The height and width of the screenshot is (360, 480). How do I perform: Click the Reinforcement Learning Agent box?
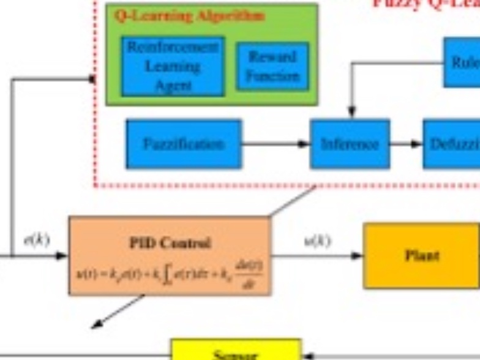(x=173, y=66)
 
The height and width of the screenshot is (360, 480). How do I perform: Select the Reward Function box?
(x=272, y=66)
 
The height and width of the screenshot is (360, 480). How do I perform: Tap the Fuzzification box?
(x=184, y=144)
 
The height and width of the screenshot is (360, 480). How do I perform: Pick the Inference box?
(x=350, y=144)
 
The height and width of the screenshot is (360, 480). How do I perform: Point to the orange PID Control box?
(x=170, y=255)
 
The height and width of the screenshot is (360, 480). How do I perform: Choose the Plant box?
(x=422, y=255)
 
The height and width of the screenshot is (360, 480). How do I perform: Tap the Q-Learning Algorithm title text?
(x=189, y=17)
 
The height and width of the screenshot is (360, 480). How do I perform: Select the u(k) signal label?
(x=317, y=240)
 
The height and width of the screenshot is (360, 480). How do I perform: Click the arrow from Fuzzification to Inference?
(x=276, y=144)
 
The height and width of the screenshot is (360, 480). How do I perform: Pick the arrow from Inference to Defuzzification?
(x=406, y=144)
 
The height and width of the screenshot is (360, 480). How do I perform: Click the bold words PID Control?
(x=170, y=243)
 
